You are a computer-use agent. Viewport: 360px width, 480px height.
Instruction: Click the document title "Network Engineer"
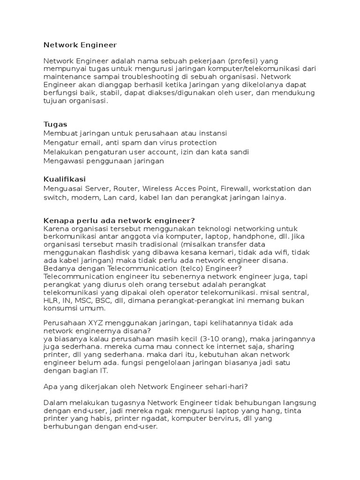pos(80,45)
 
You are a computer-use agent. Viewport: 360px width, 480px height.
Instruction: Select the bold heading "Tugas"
pos(55,124)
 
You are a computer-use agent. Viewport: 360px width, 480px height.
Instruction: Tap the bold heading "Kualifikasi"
pos(65,179)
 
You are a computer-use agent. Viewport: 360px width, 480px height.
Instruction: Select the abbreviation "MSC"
pos(82,300)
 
